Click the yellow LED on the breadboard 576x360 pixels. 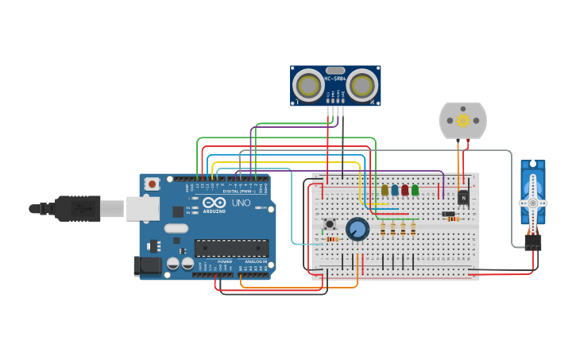(385, 190)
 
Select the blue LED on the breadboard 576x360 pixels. (395, 190)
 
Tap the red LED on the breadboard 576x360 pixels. (405, 190)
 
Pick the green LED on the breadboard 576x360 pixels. (415, 190)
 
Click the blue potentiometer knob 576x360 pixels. (358, 229)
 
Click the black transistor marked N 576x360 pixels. (463, 196)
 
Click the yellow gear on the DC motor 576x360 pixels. (463, 120)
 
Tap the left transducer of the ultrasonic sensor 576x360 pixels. (308, 85)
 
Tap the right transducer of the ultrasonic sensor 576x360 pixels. (361, 85)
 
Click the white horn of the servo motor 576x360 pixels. (532, 203)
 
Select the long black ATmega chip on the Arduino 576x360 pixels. (231, 247)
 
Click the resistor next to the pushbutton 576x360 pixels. (332, 238)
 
